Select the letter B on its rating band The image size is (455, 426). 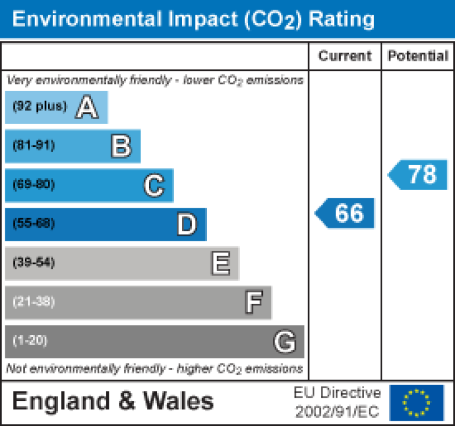(121, 146)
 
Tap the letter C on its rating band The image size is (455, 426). (153, 186)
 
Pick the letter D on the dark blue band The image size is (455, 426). (186, 225)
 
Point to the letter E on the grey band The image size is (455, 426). (220, 264)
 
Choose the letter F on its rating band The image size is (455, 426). (253, 303)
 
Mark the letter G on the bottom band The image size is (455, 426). (285, 342)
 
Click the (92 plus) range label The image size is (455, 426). (40, 107)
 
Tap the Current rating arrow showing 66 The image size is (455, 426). (346, 213)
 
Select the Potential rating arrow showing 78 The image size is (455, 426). (419, 175)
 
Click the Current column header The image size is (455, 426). (345, 56)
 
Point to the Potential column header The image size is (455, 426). (418, 56)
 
